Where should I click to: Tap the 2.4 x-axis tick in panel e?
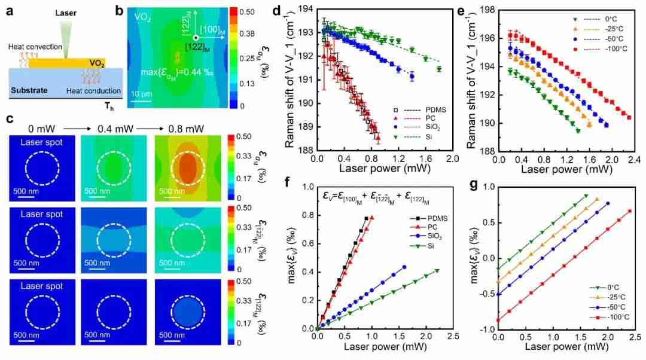(x=633, y=160)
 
